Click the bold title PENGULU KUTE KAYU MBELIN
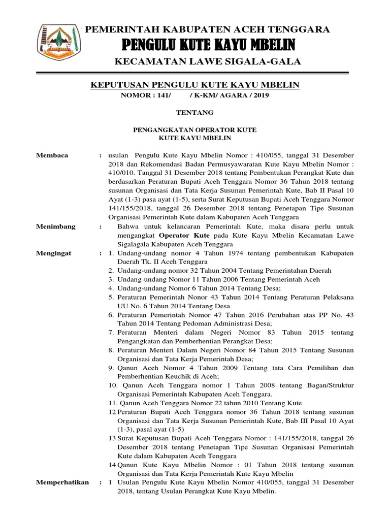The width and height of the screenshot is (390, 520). tap(208, 46)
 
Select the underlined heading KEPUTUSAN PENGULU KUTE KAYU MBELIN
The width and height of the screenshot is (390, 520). tap(195, 84)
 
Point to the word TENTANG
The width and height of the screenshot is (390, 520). tap(194, 112)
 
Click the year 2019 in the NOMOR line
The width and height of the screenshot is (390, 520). tap(259, 95)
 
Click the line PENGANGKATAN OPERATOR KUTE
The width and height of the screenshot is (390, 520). tap(194, 130)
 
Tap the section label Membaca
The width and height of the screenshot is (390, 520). tap(52, 155)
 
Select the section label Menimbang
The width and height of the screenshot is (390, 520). tap(56, 226)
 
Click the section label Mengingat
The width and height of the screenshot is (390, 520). tap(54, 252)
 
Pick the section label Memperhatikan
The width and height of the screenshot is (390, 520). tap(62, 482)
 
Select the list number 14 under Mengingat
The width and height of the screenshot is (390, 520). tap(112, 465)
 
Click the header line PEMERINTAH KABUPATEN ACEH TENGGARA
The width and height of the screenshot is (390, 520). tap(207, 29)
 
